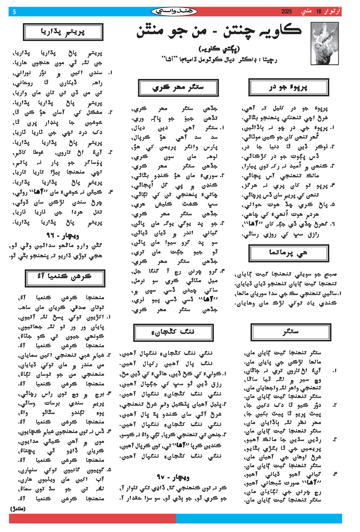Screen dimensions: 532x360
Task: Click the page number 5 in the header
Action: [x=14, y=12]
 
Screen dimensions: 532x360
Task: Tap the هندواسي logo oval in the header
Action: [x=174, y=12]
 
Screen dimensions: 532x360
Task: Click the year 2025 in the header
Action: [x=286, y=12]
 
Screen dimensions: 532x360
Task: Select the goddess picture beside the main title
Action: [x=324, y=43]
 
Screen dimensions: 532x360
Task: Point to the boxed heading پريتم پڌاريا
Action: [x=63, y=32]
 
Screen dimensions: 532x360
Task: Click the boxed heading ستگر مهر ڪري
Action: [x=178, y=88]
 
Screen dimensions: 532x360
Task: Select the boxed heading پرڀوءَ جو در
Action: [x=288, y=88]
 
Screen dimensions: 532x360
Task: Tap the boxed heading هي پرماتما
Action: [x=288, y=253]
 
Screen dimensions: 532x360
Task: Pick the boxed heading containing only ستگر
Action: [x=290, y=332]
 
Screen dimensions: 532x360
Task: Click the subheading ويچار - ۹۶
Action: [x=63, y=236]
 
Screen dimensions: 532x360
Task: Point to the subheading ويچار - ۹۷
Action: [x=173, y=477]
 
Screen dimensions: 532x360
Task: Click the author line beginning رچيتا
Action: [x=219, y=59]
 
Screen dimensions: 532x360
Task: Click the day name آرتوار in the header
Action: [x=332, y=12]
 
